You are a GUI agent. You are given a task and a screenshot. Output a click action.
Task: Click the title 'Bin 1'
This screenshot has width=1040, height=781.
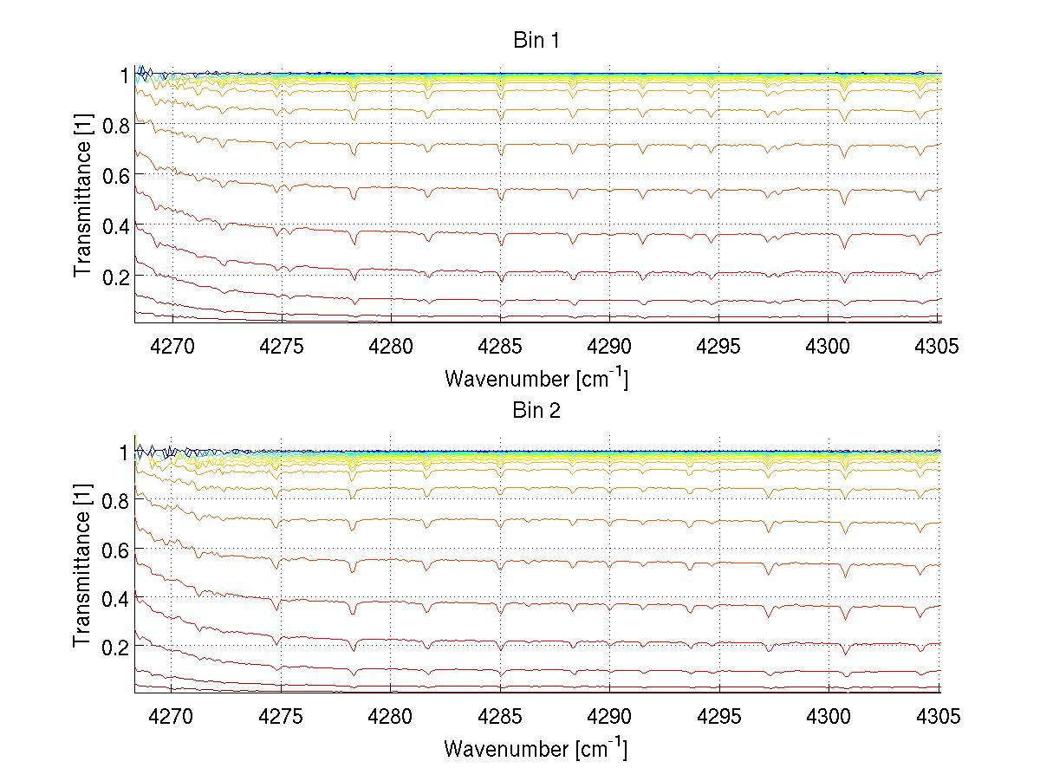click(x=536, y=40)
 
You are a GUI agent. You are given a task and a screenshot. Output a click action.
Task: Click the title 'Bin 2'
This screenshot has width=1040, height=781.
click(x=536, y=410)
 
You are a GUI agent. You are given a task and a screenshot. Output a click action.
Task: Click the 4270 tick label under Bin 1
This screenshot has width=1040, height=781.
click(x=172, y=346)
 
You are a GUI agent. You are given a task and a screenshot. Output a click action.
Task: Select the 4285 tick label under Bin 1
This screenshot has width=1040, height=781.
click(x=500, y=346)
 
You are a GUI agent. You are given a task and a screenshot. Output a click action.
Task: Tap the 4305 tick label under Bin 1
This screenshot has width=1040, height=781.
click(x=937, y=346)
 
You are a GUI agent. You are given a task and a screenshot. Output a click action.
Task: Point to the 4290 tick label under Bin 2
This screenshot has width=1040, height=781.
click(x=609, y=717)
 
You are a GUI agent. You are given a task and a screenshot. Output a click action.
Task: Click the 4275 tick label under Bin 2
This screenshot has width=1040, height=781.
click(x=281, y=717)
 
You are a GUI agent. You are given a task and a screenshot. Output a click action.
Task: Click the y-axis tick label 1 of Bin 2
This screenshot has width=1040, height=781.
click(x=123, y=452)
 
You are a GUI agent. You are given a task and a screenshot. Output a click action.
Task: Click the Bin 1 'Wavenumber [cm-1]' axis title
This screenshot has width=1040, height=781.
click(x=536, y=379)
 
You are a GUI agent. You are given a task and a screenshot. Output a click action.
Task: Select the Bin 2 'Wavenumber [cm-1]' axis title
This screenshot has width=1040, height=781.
click(x=536, y=748)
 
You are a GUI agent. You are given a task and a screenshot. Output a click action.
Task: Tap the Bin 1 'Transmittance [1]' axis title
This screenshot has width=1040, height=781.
click(x=83, y=198)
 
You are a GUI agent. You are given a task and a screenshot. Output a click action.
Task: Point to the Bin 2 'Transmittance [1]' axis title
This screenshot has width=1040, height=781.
click(x=83, y=568)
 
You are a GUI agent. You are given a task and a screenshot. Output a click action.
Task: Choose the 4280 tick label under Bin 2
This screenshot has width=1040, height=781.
click(x=390, y=717)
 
